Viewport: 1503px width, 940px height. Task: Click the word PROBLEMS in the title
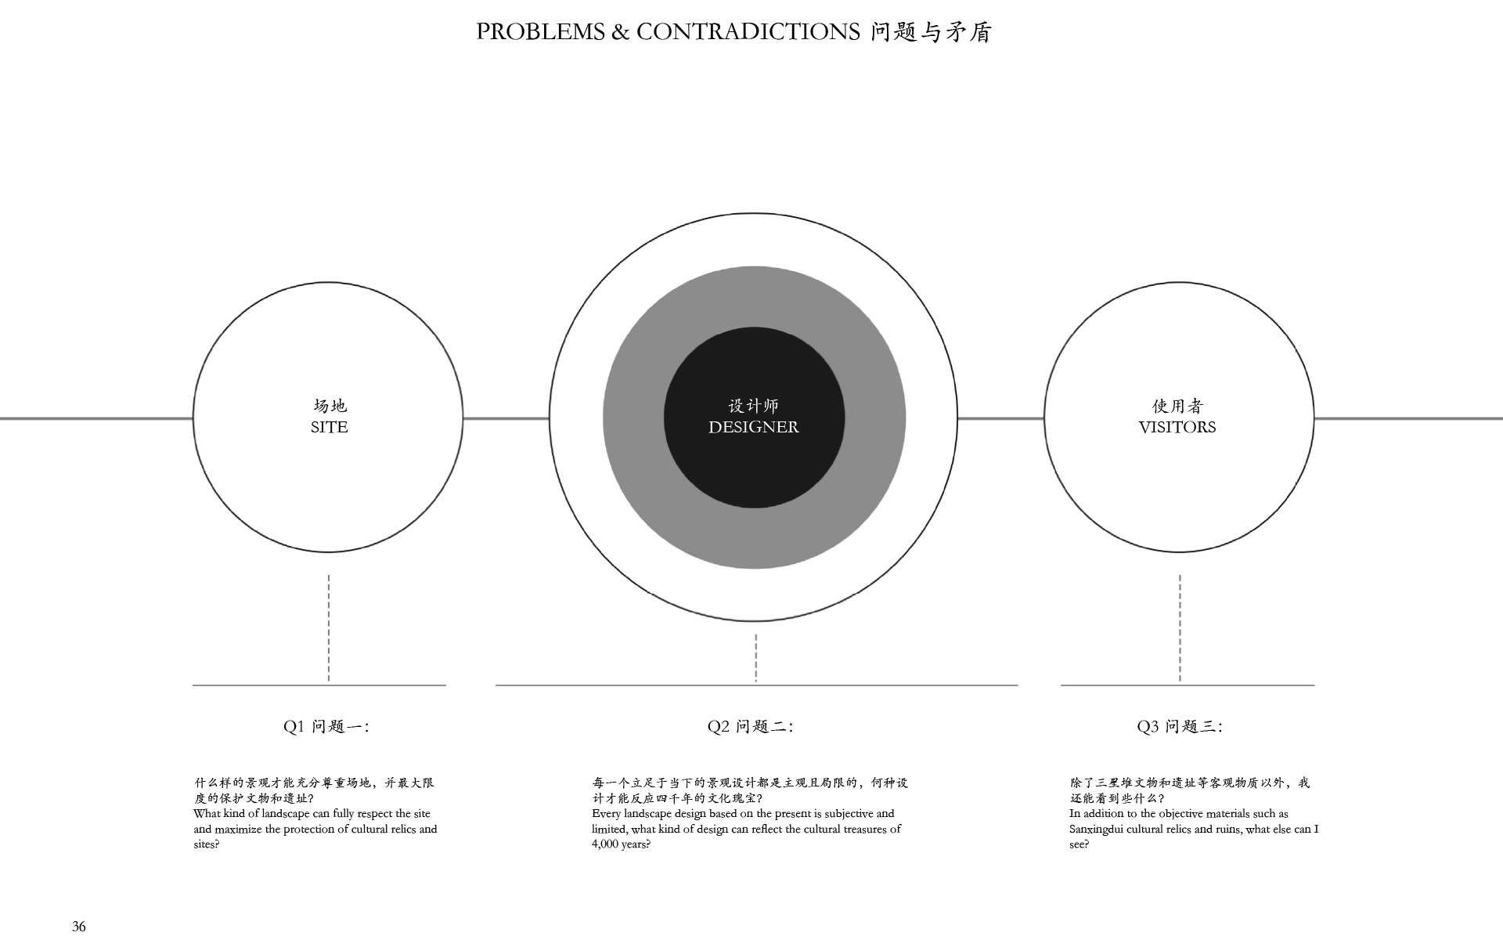pos(541,31)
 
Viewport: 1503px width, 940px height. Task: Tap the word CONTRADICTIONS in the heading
pos(748,31)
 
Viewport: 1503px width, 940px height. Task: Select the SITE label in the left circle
pos(329,427)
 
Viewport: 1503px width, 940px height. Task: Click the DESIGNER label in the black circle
pos(754,427)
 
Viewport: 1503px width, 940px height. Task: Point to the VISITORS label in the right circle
pos(1177,427)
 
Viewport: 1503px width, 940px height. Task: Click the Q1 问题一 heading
pos(326,726)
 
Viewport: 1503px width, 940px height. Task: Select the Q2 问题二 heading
pos(751,726)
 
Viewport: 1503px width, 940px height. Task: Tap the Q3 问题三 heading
pos(1180,726)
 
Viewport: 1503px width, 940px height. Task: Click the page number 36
pos(79,927)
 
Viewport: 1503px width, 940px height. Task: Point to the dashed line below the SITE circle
pos(329,628)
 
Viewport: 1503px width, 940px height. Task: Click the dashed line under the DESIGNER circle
pos(755,658)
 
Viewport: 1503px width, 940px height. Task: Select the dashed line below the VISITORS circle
pos(1180,628)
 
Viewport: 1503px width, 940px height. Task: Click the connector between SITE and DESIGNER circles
pos(506,418)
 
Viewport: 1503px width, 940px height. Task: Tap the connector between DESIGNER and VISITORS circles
pos(1001,418)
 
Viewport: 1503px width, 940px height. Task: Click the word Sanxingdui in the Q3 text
pos(1098,830)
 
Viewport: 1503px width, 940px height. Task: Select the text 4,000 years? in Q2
pos(622,844)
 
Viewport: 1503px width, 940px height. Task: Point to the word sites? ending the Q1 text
pos(207,844)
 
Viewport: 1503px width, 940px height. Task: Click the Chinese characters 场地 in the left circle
pos(330,406)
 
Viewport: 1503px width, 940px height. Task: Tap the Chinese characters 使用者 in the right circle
pos(1177,406)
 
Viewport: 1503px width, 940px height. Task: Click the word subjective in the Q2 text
pos(849,814)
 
